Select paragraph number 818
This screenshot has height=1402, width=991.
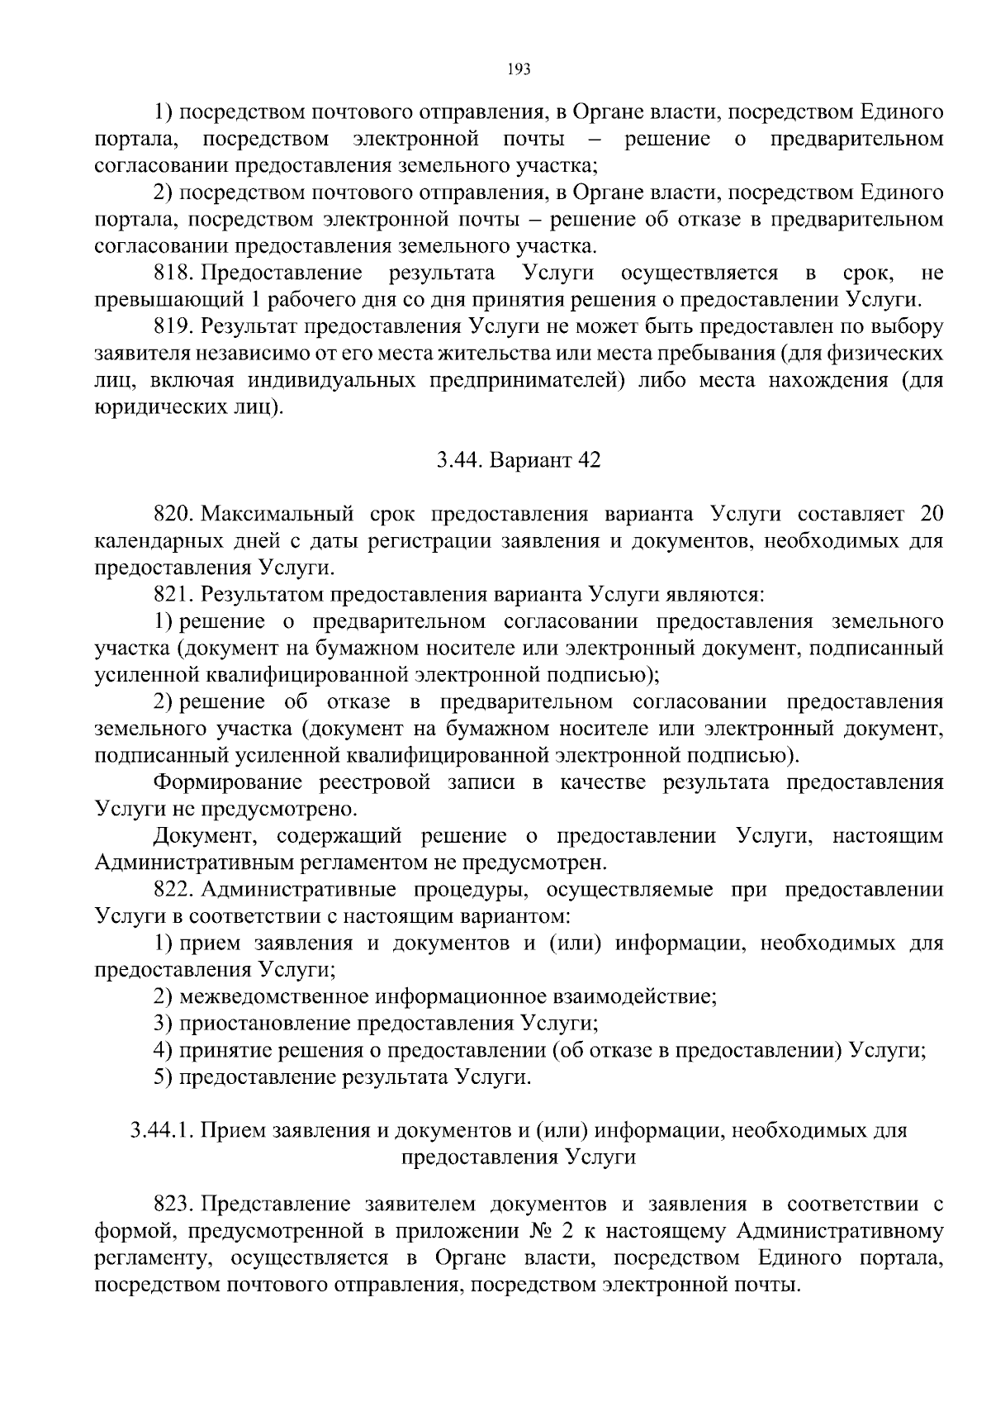coord(173,273)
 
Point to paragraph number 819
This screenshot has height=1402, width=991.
coord(173,326)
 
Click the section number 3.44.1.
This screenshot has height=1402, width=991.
coord(160,1130)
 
